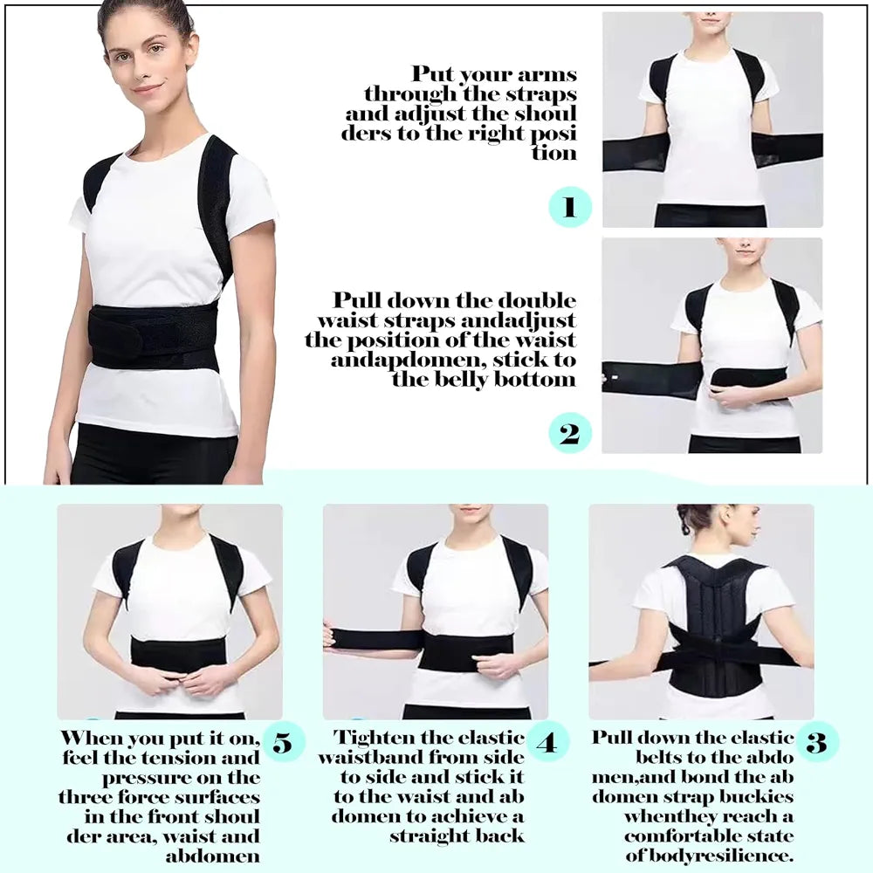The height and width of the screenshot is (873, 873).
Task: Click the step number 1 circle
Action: click(x=570, y=208)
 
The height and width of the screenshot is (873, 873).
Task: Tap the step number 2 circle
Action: click(x=570, y=433)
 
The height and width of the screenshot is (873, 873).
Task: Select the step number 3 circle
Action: click(x=816, y=743)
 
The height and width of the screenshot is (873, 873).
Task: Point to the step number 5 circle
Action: click(x=283, y=743)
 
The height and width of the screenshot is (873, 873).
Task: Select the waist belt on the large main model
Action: click(x=153, y=335)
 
